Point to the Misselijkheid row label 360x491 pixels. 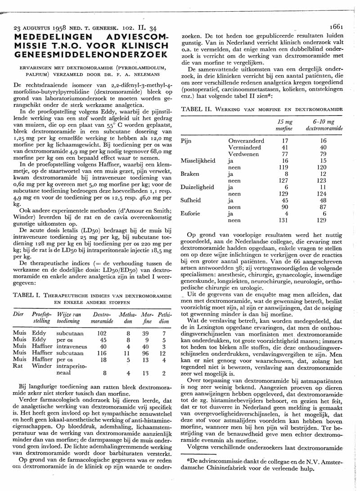[198, 161]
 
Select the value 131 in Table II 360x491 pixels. [283, 220]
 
